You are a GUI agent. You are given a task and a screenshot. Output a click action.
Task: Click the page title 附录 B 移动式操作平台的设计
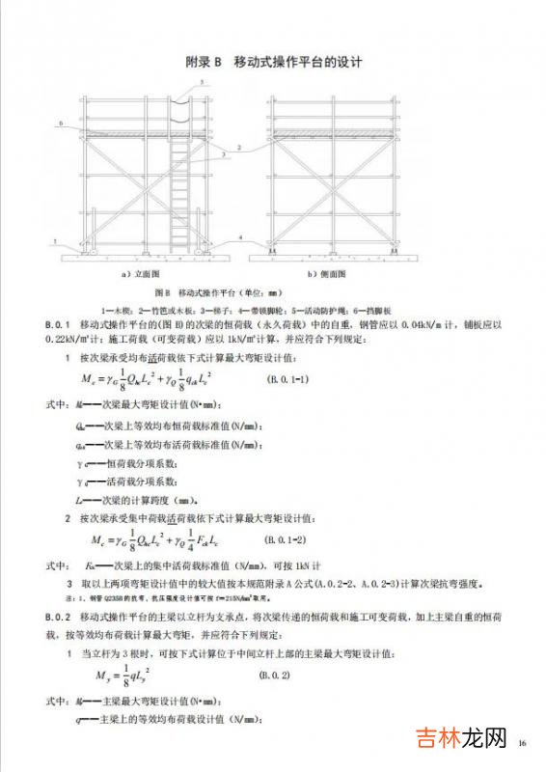tap(273, 63)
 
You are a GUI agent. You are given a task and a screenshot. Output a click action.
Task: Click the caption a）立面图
tap(141, 273)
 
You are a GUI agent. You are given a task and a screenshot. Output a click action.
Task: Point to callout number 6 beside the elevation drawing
tap(62, 124)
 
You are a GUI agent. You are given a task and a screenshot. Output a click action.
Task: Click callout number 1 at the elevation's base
tap(57, 242)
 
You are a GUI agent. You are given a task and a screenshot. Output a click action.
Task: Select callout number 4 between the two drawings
tap(239, 236)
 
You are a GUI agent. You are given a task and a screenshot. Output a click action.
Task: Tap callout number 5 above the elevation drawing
tap(203, 84)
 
